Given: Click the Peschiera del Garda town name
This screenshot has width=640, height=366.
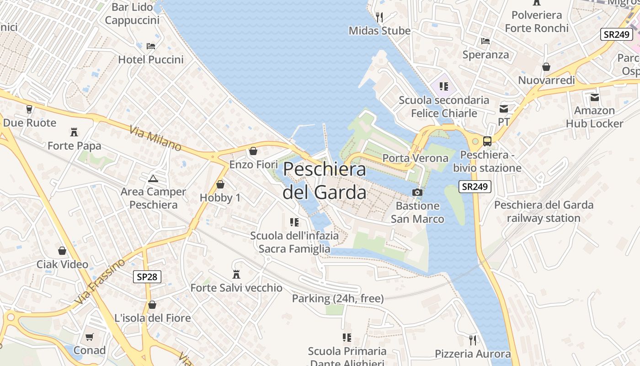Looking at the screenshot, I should tap(324, 181).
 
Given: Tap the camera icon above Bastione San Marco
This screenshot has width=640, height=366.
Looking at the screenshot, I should tap(417, 192).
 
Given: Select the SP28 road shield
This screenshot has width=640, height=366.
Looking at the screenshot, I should tap(147, 277).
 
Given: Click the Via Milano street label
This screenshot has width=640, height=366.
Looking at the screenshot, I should tap(155, 138).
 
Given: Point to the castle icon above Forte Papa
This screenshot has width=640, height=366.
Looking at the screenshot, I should tap(74, 132).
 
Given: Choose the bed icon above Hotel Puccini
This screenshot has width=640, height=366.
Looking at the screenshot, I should tap(151, 46).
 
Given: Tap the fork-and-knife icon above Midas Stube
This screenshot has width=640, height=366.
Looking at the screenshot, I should tap(379, 17).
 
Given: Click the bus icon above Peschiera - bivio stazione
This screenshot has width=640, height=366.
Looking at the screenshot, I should tap(487, 141).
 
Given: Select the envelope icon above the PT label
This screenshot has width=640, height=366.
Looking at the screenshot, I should tap(504, 109).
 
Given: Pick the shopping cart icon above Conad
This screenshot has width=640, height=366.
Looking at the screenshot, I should tap(90, 337).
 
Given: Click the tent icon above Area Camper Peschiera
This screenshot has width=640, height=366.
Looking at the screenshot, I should tap(153, 178).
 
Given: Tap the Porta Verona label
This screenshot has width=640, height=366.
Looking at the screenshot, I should tap(415, 158).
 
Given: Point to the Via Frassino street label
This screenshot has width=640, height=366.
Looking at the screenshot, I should tap(100, 282).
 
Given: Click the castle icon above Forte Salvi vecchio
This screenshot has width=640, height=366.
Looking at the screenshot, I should tap(236, 274).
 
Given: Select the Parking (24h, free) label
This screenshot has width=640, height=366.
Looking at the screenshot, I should tap(338, 299).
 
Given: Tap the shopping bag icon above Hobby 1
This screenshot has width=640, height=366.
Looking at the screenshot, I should tap(220, 184).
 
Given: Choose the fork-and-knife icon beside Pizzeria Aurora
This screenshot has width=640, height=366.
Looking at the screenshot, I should tap(473, 340).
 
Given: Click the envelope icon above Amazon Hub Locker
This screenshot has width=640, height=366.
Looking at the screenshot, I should tap(594, 97).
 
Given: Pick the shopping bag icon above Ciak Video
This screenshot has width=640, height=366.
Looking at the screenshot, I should tap(62, 251).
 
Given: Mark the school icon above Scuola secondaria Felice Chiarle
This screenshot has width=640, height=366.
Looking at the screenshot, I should tap(443, 86).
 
